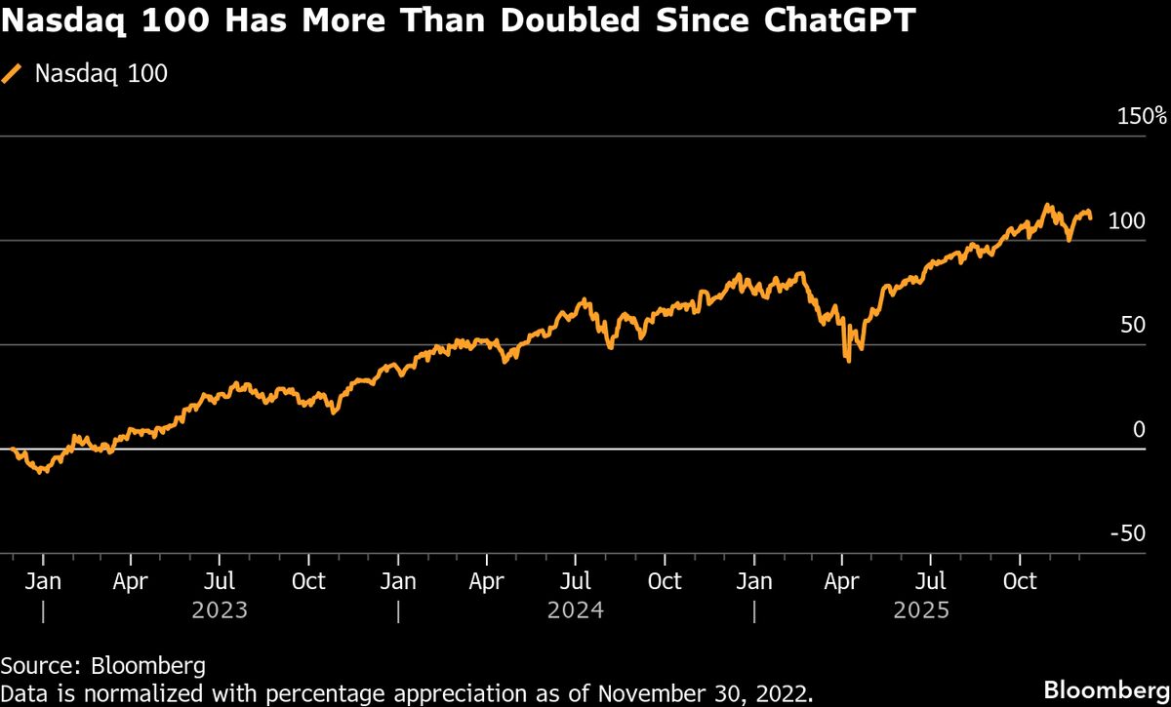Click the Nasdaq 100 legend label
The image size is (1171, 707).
pyautogui.click(x=101, y=74)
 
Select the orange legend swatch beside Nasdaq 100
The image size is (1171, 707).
pyautogui.click(x=13, y=74)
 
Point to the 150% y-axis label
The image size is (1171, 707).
pyautogui.click(x=1142, y=116)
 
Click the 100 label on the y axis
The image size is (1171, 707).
pyautogui.click(x=1126, y=221)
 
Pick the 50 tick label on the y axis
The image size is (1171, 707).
pyautogui.click(x=1132, y=325)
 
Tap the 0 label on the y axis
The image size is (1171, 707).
pyautogui.click(x=1138, y=429)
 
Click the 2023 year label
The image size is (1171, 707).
pyautogui.click(x=220, y=610)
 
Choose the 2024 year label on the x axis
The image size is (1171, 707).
pyautogui.click(x=576, y=610)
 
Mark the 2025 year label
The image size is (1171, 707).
pyautogui.click(x=922, y=610)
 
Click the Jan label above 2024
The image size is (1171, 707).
pyautogui.click(x=397, y=581)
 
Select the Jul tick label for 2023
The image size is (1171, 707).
pyautogui.click(x=220, y=581)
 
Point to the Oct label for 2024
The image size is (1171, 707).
pyautogui.click(x=665, y=581)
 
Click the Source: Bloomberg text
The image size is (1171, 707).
pyautogui.click(x=103, y=666)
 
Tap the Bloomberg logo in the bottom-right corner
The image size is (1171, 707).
pyautogui.click(x=1106, y=688)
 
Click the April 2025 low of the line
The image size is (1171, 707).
pyautogui.click(x=848, y=361)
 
